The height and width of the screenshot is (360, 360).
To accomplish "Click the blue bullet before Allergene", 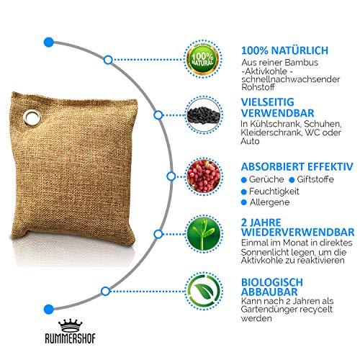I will (x=246, y=204).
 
